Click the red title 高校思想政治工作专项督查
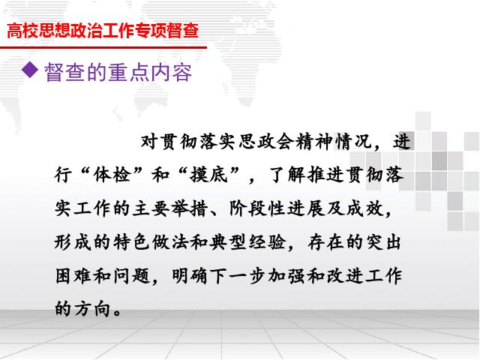coord(103,30)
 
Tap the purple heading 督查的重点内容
coord(118,72)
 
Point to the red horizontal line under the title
coord(103,47)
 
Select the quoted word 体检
coord(112,175)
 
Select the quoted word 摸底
coord(208,175)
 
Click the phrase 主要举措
coord(170,208)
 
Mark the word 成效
coord(365,208)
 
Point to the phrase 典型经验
coord(247,242)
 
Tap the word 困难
coord(73,275)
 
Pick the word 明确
coord(190,275)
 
